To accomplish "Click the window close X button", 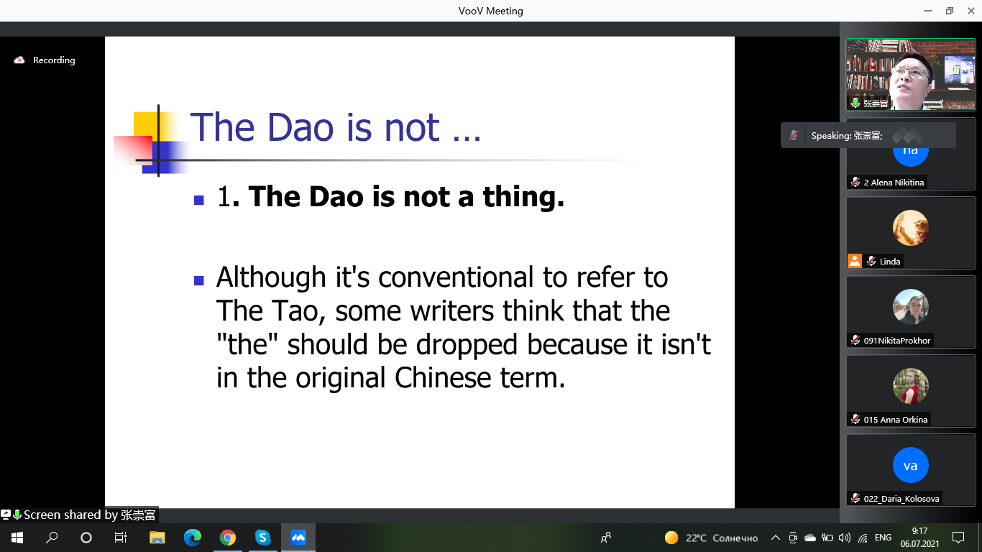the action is coord(971,11).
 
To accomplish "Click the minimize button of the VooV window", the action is coord(927,11).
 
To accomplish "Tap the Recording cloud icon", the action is coord(19,60).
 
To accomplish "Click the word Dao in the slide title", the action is coord(300,128).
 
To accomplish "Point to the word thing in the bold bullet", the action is coord(523,198).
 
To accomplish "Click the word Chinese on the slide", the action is coord(443,377).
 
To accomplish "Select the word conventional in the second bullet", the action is coord(456,277).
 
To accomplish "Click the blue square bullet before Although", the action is coord(199,280).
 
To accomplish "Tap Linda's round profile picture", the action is coord(911,228).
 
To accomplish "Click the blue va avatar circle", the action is coord(911,465).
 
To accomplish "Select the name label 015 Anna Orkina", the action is coord(895,420).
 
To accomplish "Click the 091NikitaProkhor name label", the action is coord(897,341).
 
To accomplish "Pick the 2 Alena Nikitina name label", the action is coord(894,183).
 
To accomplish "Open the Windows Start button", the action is coord(17,538).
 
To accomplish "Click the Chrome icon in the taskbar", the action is coord(227,538).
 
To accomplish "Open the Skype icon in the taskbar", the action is coord(262,538).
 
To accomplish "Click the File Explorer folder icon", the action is coord(157,538).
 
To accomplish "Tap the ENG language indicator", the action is coord(883,538).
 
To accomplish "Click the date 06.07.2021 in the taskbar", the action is coord(919,544).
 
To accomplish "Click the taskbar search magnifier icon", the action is coord(52,538).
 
